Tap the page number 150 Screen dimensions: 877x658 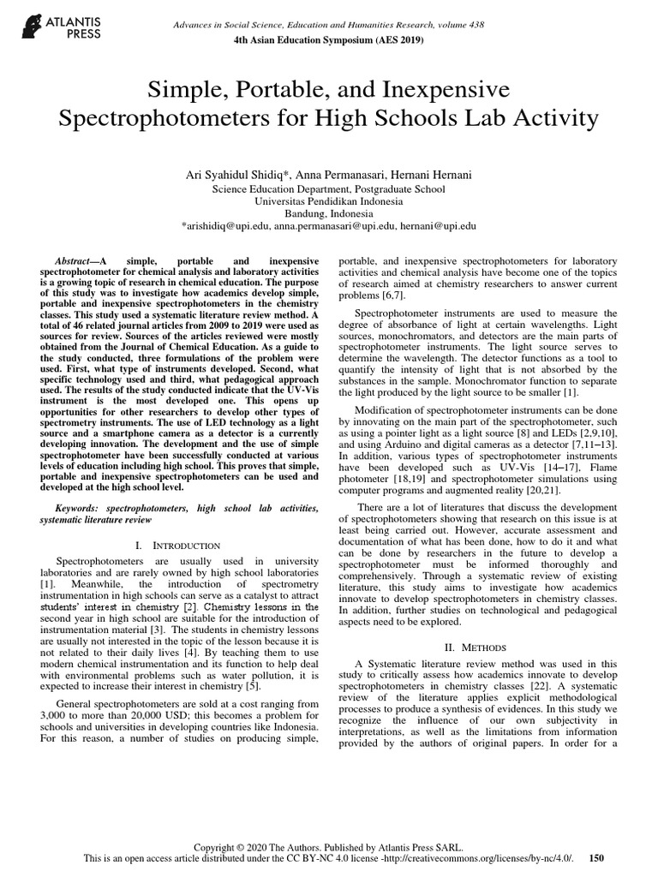point(597,857)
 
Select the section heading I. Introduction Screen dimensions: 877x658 point(178,545)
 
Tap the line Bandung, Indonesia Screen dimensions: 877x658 point(329,213)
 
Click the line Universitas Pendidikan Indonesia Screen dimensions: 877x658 point(329,200)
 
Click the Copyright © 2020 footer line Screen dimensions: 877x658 point(329,844)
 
